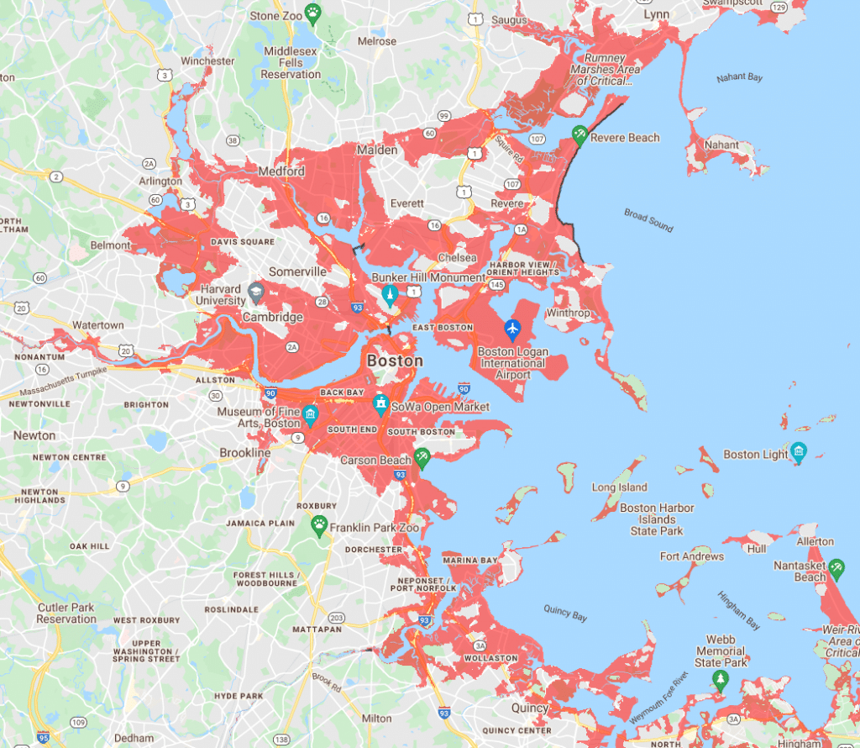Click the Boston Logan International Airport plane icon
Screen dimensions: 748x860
click(x=512, y=327)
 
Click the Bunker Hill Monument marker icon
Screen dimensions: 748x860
click(x=388, y=294)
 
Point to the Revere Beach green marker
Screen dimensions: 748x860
click(x=579, y=134)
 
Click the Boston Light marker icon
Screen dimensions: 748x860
click(x=799, y=451)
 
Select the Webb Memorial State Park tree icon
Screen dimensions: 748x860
click(x=719, y=677)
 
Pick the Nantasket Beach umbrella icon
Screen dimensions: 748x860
click(x=836, y=569)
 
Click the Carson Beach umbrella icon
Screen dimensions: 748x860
click(x=422, y=456)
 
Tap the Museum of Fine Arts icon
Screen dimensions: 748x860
click(x=310, y=414)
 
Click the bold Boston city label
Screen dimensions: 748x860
click(x=395, y=361)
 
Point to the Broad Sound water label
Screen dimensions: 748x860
click(x=648, y=217)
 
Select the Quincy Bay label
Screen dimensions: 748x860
click(x=564, y=614)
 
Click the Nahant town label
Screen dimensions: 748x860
click(x=722, y=145)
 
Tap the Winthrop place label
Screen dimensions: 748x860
click(x=568, y=313)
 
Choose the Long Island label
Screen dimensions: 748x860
click(x=620, y=487)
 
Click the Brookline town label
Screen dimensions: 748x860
click(x=245, y=453)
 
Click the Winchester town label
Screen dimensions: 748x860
click(x=207, y=61)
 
